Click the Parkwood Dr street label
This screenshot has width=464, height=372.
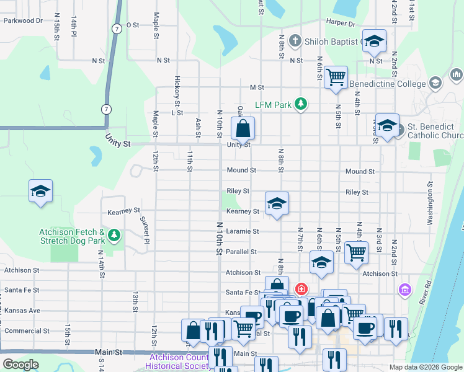pos(23,20)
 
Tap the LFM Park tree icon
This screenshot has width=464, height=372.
pos(301,104)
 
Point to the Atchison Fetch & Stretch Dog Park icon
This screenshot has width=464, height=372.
pos(114,234)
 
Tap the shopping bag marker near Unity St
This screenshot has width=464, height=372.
pos(244,130)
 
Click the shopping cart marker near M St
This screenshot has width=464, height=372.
pos(336,77)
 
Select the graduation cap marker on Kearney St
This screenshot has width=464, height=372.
pos(277,203)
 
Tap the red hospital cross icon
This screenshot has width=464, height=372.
pos(301,288)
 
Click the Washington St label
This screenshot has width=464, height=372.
pos(429,203)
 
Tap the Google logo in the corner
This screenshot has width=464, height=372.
pos(20,364)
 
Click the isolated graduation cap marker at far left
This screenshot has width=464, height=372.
pos(40,191)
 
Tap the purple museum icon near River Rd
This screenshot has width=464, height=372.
pos(405,289)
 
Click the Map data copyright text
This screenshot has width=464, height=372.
pos(425,367)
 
